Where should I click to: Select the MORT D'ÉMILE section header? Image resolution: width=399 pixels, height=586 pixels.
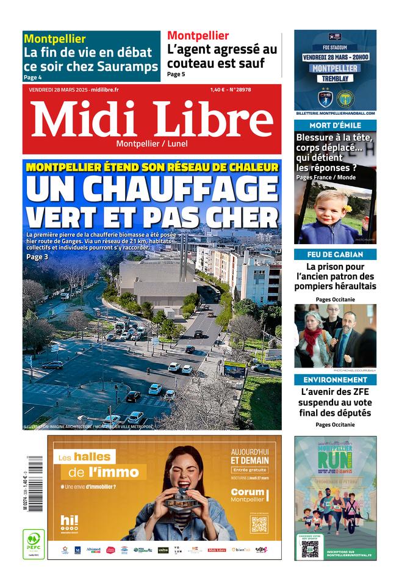point(335,125)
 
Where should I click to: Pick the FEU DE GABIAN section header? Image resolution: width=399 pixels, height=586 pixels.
point(335,254)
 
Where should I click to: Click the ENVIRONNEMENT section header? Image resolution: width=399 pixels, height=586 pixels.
point(335,379)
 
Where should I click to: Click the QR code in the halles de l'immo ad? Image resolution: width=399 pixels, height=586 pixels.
point(259,524)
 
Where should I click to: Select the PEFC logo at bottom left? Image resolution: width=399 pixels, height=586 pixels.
point(34,543)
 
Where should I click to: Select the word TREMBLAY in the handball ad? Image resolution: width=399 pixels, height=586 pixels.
point(335,78)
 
